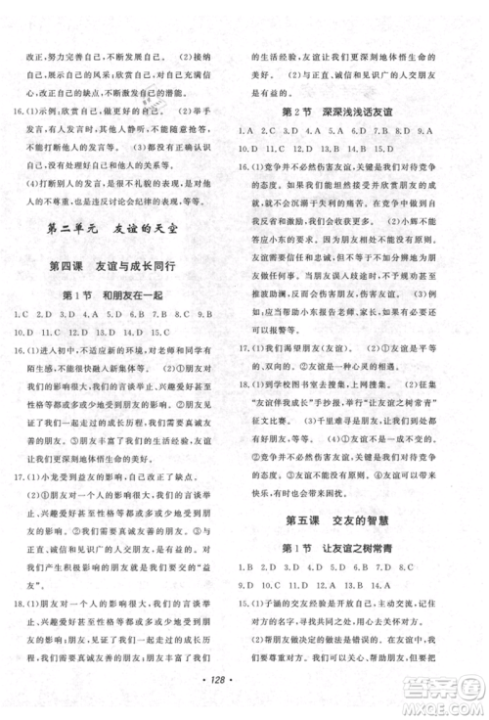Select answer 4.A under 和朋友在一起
tap(90, 315)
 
